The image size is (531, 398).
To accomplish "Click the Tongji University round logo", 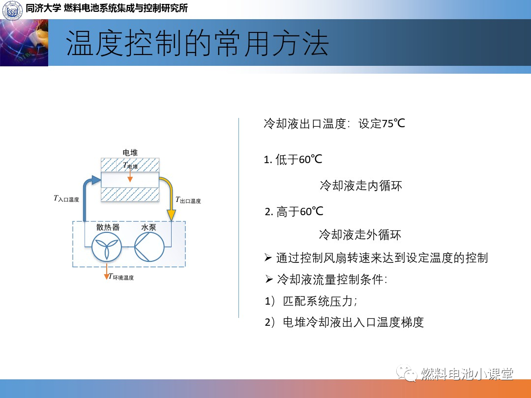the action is click(12, 9).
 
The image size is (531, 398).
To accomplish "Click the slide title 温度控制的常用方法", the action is click(198, 43).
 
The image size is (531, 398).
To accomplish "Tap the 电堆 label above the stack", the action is click(130, 153).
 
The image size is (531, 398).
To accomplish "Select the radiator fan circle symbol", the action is click(107, 247).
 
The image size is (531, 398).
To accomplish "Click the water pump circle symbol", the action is click(149, 247).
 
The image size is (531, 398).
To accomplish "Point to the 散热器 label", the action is click(108, 227).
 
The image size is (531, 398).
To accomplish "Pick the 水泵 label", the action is click(148, 227).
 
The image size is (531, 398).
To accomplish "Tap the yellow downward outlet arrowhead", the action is click(172, 215).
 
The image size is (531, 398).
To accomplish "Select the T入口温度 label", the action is click(66, 199).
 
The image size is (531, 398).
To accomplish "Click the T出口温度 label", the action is click(188, 200).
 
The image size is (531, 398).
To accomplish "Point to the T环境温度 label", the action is click(121, 277).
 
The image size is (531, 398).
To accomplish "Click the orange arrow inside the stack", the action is click(130, 175).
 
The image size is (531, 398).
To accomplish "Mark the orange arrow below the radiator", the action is click(107, 271).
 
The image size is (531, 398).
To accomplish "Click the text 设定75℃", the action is click(382, 123).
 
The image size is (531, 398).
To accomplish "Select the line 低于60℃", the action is click(293, 159).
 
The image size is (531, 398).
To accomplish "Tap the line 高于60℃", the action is click(294, 211).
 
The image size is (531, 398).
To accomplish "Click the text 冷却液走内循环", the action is click(361, 185).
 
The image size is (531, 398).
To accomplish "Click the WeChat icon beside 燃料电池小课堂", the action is click(407, 373).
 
